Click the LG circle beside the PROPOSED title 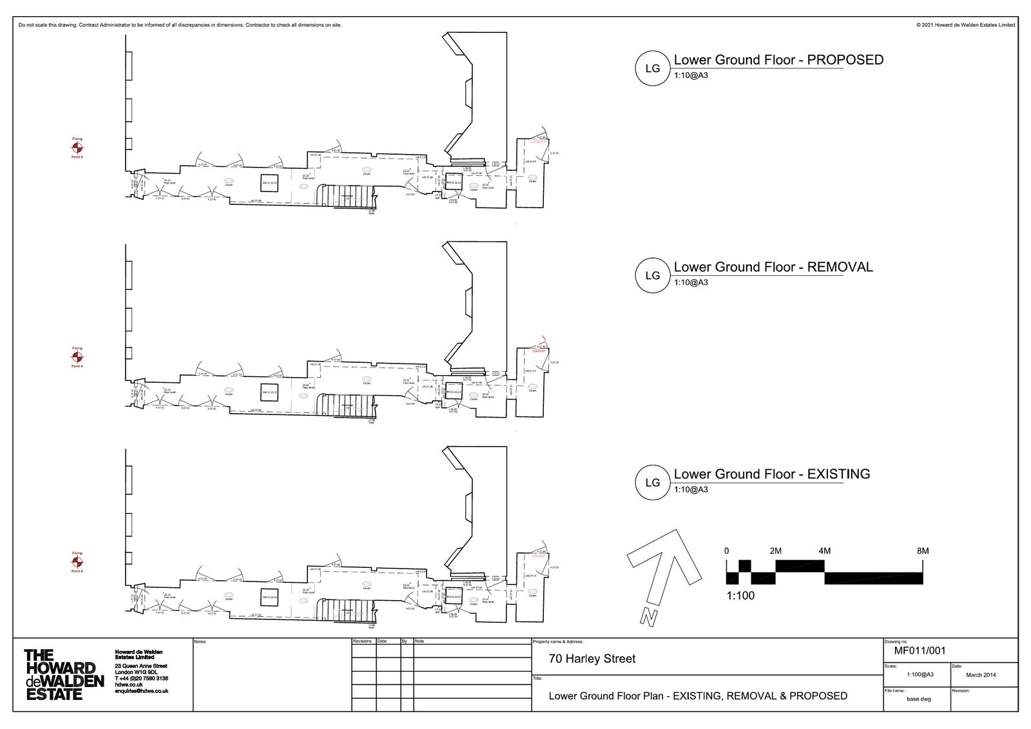[x=652, y=68]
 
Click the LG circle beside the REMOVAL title [x=652, y=275]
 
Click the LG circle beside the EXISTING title [x=652, y=482]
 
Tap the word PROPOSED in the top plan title [x=845, y=60]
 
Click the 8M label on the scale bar [x=922, y=551]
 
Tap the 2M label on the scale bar [x=775, y=551]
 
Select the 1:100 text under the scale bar [x=740, y=596]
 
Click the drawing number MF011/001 [x=920, y=650]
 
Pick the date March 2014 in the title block [x=981, y=675]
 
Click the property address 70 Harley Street [x=592, y=659]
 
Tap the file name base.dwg [x=918, y=699]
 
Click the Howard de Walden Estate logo [x=63, y=674]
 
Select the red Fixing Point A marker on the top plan [x=77, y=148]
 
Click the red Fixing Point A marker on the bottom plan [x=77, y=562]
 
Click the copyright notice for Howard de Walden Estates [x=965, y=25]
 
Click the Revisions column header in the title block [x=362, y=641]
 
